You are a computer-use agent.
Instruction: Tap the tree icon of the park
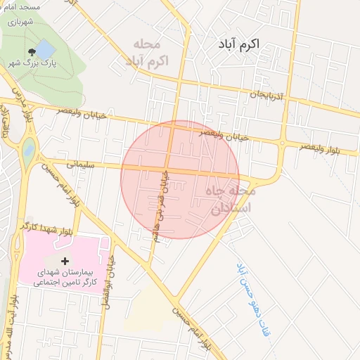31,52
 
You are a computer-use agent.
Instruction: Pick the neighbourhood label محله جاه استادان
231,199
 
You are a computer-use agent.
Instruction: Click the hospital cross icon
65,261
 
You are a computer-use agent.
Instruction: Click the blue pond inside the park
44,50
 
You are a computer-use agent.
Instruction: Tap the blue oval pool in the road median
29,149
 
